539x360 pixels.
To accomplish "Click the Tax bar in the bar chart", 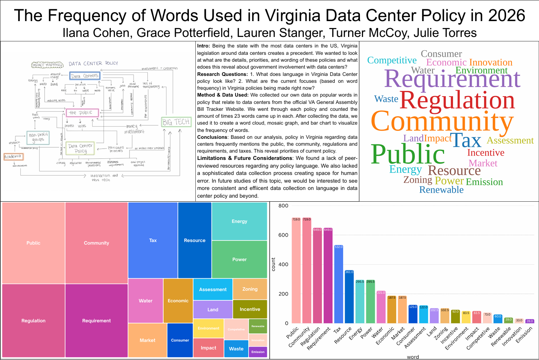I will click(x=339, y=284).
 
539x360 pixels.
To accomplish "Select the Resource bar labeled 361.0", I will click(x=349, y=296).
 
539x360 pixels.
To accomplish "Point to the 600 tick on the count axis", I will click(x=283, y=235).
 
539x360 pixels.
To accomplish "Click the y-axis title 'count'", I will click(x=274, y=265).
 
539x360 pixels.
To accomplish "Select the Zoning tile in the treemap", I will click(x=250, y=289).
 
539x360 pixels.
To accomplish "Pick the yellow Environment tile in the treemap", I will click(x=208, y=328).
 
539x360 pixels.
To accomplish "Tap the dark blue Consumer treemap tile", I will click(x=180, y=340).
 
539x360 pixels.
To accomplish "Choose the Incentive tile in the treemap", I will click(x=250, y=309).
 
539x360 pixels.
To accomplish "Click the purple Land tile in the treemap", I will click(x=213, y=309).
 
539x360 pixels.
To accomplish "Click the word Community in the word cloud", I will click(x=442, y=122).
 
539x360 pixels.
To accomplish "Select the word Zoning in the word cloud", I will click(x=418, y=180).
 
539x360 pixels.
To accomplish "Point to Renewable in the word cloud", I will click(x=441, y=190).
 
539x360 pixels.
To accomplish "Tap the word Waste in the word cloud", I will click(x=386, y=99).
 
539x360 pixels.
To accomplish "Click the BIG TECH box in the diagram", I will click(x=176, y=122).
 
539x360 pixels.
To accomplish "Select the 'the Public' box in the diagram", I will click(x=80, y=112).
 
